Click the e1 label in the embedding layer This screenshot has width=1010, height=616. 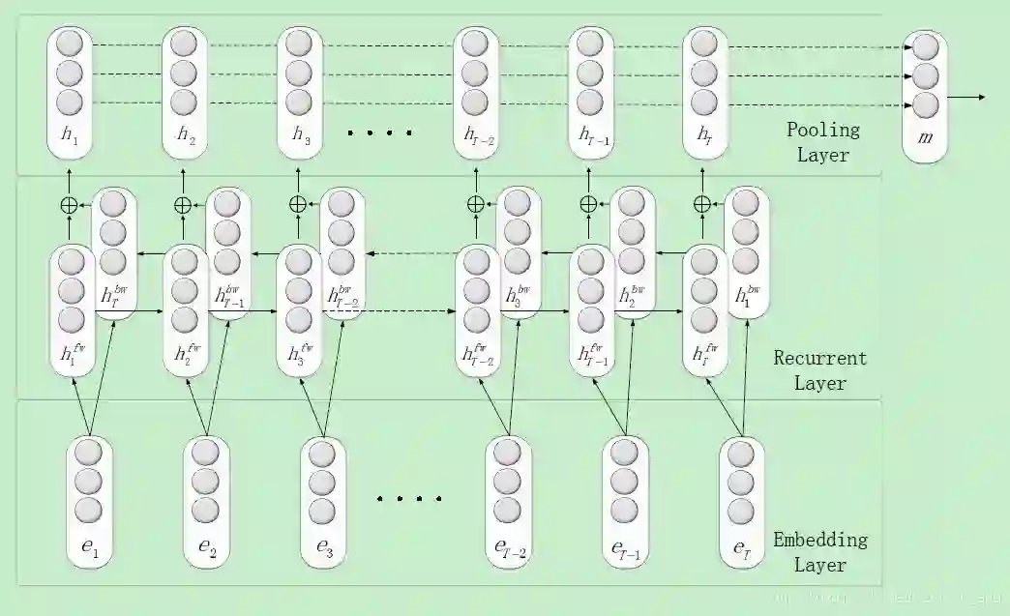[89, 548]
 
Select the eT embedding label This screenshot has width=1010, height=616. [742, 548]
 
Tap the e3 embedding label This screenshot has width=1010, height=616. [325, 548]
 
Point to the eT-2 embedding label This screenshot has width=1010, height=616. [510, 549]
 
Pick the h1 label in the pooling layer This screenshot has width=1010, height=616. [70, 136]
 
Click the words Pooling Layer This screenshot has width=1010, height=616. [822, 142]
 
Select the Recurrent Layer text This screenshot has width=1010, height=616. [819, 370]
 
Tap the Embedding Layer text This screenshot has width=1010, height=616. [819, 552]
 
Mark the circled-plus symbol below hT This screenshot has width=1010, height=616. [702, 204]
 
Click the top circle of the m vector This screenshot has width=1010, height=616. [925, 47]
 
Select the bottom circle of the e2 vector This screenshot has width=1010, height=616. [205, 510]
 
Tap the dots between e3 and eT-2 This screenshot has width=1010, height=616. [409, 499]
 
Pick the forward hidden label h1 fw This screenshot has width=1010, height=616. [70, 354]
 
